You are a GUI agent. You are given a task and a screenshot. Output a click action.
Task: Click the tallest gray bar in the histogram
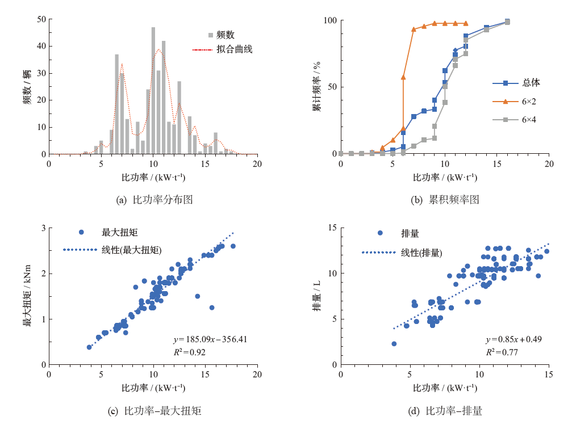coord(153,91)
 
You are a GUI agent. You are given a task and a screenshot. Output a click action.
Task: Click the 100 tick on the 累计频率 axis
coord(330,20)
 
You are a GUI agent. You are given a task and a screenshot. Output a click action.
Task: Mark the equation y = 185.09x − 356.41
coord(210,340)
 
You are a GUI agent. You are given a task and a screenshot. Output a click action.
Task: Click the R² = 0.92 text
coord(189,352)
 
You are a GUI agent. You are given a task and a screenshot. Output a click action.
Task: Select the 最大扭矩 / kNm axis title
coord(27,296)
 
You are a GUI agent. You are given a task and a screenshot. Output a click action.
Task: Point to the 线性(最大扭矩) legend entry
coord(132,249)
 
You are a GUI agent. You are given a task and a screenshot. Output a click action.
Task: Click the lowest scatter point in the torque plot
coord(89,347)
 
